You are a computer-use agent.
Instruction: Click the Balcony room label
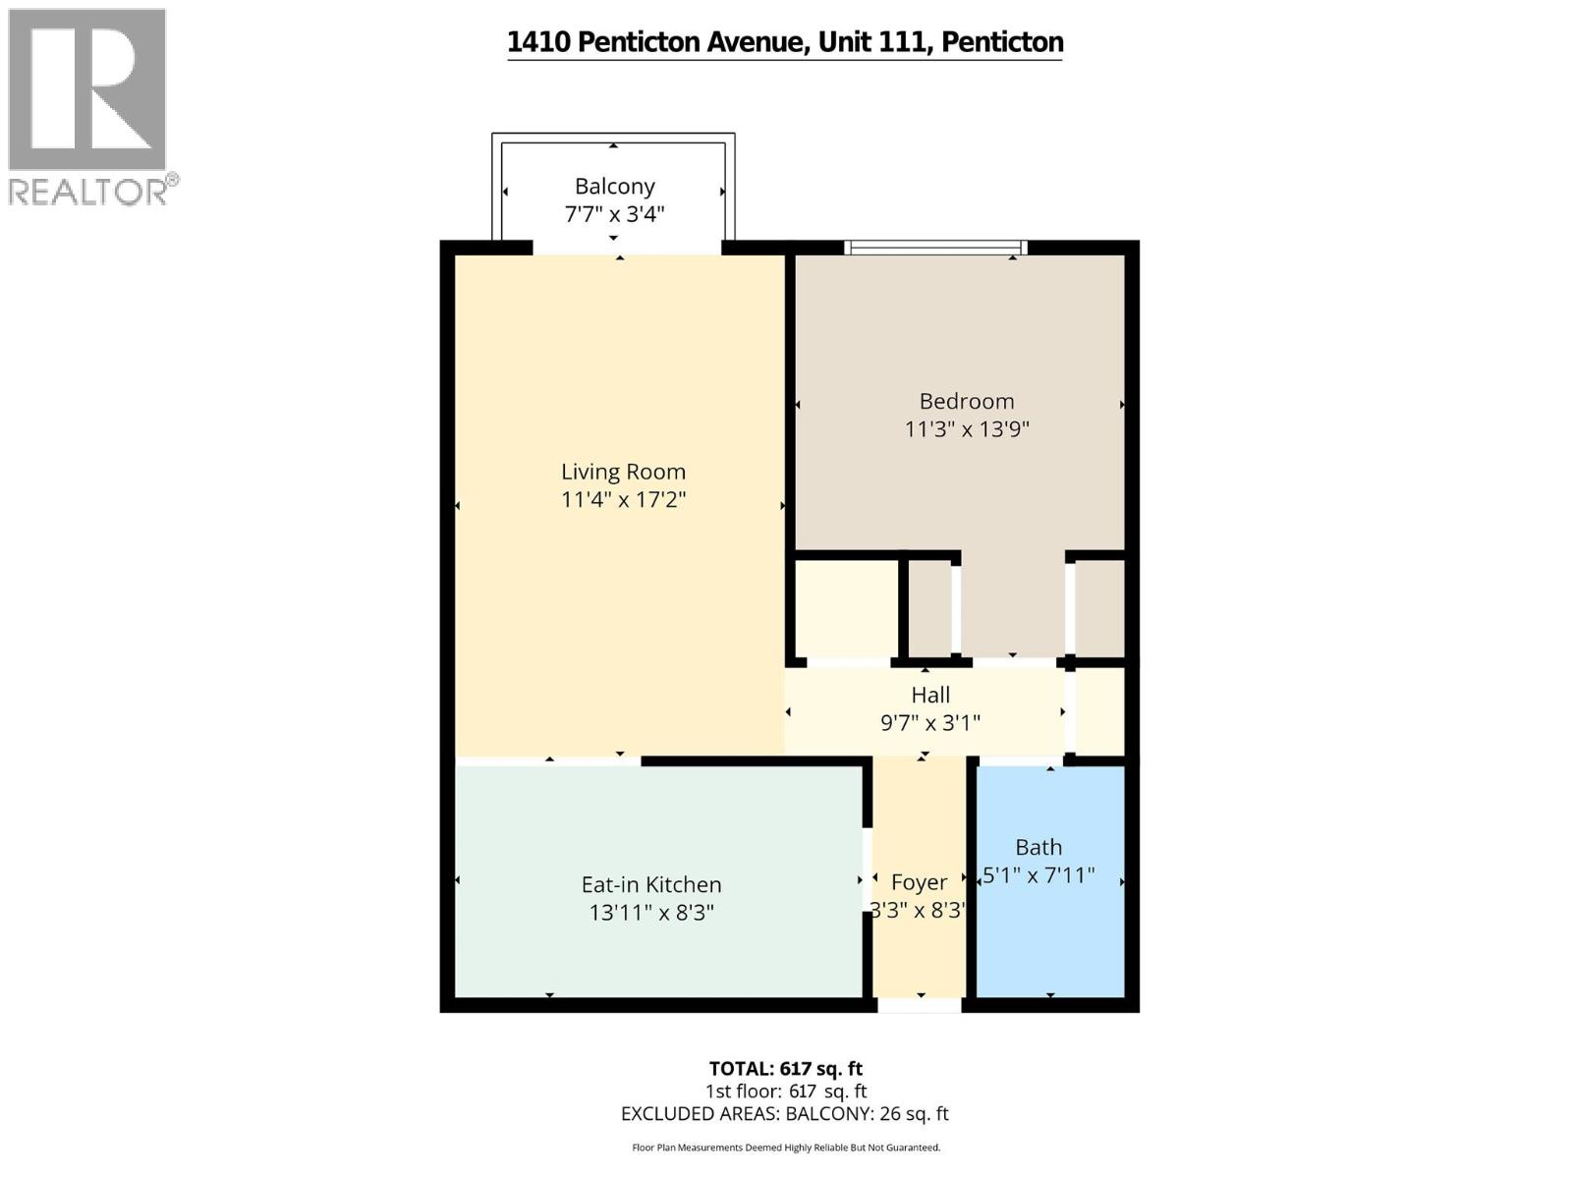pyautogui.click(x=614, y=186)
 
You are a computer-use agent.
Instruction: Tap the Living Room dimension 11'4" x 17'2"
pyautogui.click(x=623, y=499)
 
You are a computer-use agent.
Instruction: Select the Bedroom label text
pyautogui.click(x=966, y=401)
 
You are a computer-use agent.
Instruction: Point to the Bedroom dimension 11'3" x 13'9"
pyautogui.click(x=966, y=428)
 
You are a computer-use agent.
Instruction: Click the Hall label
pyautogui.click(x=929, y=695)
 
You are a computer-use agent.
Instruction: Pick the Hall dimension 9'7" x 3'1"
pyautogui.click(x=929, y=723)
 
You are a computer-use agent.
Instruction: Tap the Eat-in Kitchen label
pyautogui.click(x=650, y=884)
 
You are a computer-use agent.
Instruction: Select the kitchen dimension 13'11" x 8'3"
pyautogui.click(x=650, y=913)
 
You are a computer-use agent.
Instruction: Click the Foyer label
pyautogui.click(x=919, y=882)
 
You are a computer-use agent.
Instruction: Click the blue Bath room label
pyautogui.click(x=1039, y=847)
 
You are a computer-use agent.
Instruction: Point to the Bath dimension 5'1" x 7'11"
pyautogui.click(x=1039, y=874)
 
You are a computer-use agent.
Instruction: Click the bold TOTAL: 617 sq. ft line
pyautogui.click(x=785, y=1068)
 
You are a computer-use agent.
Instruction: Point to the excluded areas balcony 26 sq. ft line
pyautogui.click(x=785, y=1113)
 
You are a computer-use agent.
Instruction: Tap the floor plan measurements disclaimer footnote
pyautogui.click(x=785, y=1147)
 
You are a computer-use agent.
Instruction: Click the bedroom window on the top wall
pyautogui.click(x=935, y=247)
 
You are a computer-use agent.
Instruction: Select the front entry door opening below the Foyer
pyautogui.click(x=919, y=1005)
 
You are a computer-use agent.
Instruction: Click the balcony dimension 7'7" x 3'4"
pyautogui.click(x=614, y=213)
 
